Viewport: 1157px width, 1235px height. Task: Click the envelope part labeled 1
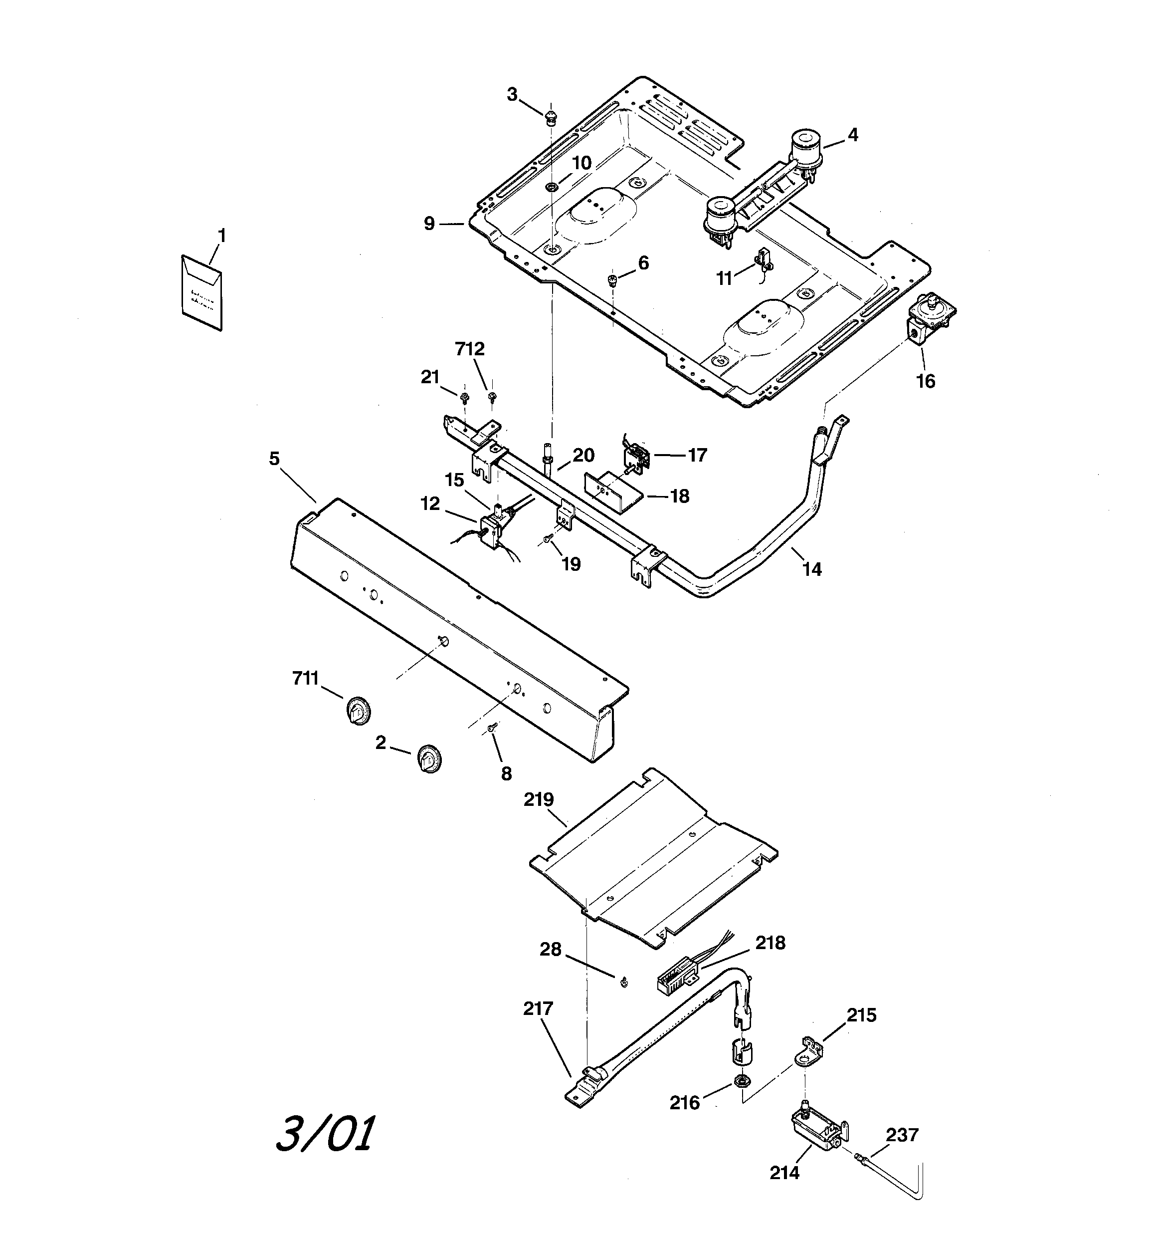pos(201,292)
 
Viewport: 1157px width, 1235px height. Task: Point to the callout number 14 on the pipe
pos(812,569)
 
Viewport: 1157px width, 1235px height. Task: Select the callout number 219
pos(539,799)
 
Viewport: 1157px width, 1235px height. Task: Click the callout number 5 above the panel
pos(274,459)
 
